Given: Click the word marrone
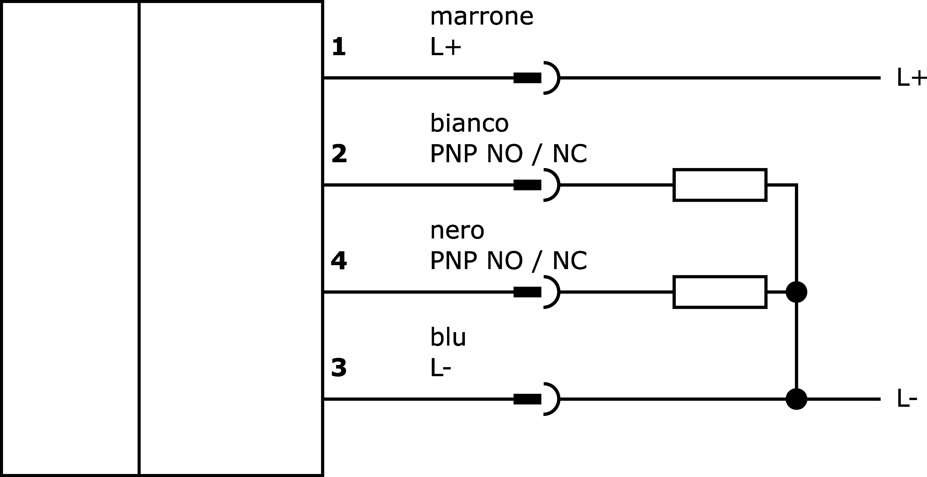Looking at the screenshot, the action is tap(482, 17).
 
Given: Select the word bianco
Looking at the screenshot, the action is tap(469, 123).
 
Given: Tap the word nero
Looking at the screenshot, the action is tap(457, 231).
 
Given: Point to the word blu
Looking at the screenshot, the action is tap(448, 337).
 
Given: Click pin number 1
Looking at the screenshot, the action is tap(339, 47).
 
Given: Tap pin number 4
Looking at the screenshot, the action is tap(339, 261).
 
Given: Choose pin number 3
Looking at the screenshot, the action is tap(339, 368).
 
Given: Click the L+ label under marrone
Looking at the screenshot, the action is tap(445, 47).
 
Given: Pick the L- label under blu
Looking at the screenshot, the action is tap(441, 368).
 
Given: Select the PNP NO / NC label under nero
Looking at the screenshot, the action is tap(508, 261).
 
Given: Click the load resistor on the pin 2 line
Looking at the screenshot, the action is tap(720, 185).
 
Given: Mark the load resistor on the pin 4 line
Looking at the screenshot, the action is tap(720, 292).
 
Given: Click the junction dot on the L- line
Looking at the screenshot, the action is tap(796, 399).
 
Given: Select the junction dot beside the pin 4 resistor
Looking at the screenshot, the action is tap(796, 292).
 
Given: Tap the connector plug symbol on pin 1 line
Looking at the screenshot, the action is tap(536, 78).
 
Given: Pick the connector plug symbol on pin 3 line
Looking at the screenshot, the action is tap(536, 399).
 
